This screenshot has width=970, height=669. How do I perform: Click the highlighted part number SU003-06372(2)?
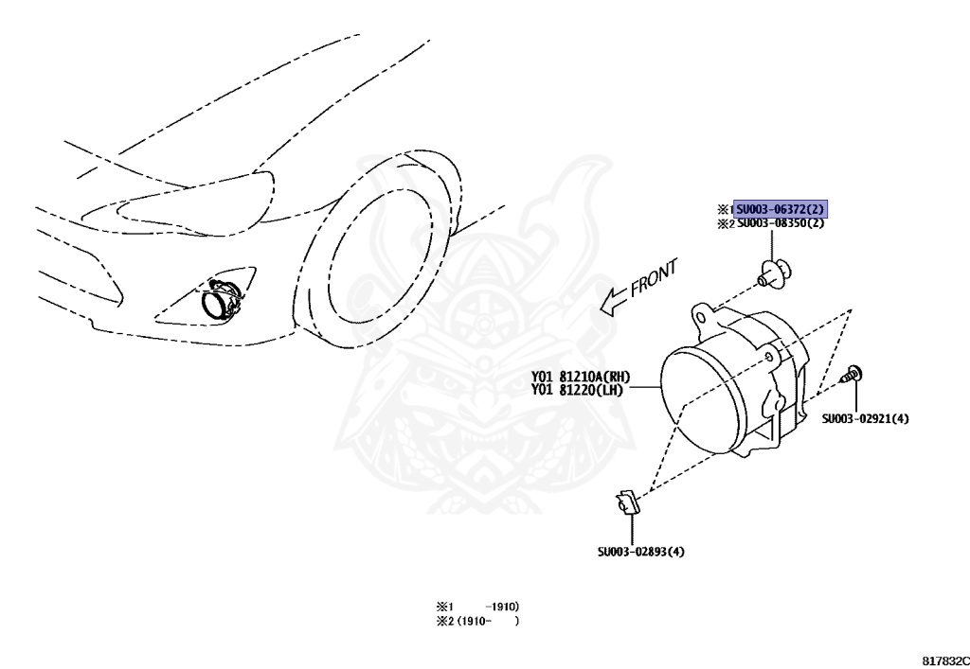pos(781,209)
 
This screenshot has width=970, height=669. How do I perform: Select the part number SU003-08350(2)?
pos(781,223)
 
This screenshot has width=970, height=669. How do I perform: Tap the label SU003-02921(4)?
pos(865,418)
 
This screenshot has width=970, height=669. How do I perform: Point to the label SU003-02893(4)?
pos(640,552)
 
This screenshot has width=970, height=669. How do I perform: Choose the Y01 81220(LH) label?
pos(578,389)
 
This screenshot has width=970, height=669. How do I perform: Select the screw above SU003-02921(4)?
pos(852,374)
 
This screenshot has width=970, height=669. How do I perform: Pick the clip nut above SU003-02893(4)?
pos(628,502)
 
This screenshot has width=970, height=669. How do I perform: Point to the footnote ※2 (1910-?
pos(476,622)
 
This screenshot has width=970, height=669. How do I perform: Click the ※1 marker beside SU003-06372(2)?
pos(725,209)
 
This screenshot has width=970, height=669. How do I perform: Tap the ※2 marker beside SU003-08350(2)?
pos(725,224)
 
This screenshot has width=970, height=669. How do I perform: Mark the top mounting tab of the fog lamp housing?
pos(703,311)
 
